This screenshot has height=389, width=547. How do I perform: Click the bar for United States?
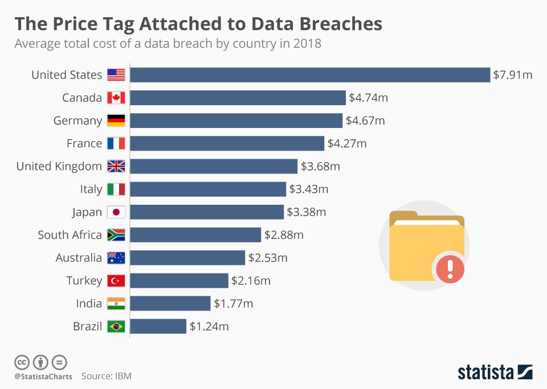[x=311, y=75]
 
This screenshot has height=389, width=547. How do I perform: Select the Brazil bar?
[x=158, y=326]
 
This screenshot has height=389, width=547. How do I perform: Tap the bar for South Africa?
[x=196, y=235]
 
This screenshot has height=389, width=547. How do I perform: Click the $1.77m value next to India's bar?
[x=233, y=304]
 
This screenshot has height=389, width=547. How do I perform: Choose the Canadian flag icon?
[x=116, y=98]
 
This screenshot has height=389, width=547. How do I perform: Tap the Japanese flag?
[x=116, y=212]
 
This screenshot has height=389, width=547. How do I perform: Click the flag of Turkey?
[x=116, y=280]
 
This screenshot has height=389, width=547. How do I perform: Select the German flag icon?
[x=116, y=121]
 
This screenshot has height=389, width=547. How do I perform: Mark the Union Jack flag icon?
[x=116, y=167]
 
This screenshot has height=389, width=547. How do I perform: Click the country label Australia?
[x=79, y=258]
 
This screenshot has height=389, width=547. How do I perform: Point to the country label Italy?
[x=91, y=189]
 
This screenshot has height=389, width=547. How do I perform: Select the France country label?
[x=84, y=143]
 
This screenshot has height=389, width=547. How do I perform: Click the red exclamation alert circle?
[x=450, y=266]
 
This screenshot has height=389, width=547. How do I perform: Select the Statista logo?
[x=495, y=373]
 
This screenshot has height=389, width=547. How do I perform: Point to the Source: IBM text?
[x=107, y=376]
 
